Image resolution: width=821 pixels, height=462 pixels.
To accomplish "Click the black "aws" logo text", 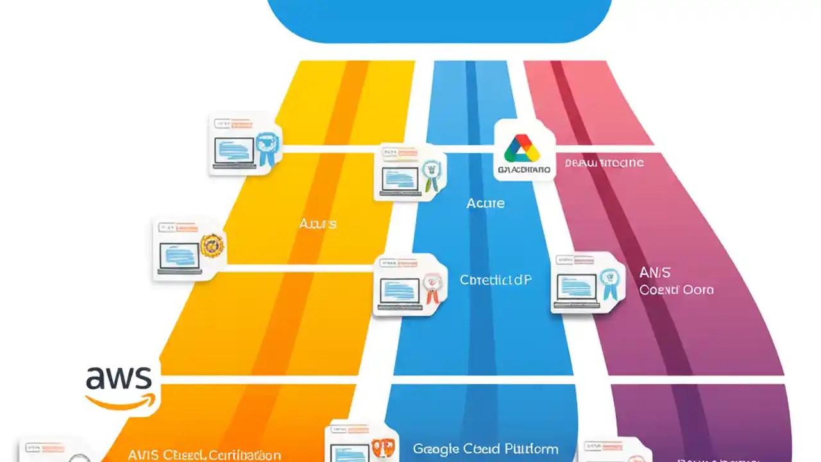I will (119, 378).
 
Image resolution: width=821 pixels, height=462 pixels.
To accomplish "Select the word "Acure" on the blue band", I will (486, 203).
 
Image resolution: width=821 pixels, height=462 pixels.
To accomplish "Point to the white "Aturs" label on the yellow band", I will (317, 224).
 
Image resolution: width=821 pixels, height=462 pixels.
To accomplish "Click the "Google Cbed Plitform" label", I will (486, 449).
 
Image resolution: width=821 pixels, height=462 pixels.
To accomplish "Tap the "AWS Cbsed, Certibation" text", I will (204, 455).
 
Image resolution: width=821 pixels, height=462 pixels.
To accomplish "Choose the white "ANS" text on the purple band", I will (655, 272).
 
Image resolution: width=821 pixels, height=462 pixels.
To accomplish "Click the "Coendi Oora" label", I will (676, 289).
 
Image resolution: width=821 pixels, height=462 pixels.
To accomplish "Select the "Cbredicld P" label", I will (496, 280).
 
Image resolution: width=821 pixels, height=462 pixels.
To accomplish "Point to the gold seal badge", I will (212, 245).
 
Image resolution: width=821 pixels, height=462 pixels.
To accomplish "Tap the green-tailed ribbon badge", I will (432, 174).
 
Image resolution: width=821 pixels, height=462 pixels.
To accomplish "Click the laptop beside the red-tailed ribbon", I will (400, 291).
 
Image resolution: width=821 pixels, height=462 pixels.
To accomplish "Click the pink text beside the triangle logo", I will (604, 163).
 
